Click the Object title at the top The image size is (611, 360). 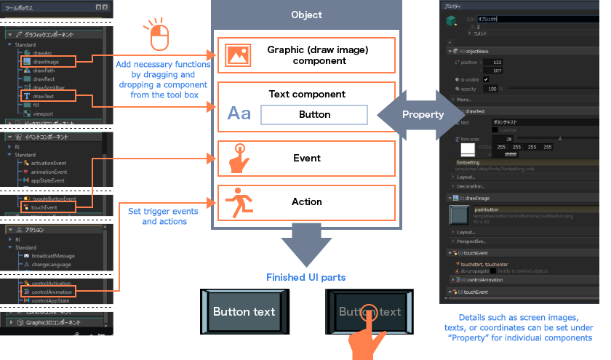tap(306, 15)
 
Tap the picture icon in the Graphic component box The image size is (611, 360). tap(238, 55)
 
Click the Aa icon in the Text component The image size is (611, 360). tap(239, 113)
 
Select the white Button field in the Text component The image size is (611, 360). tap(314, 114)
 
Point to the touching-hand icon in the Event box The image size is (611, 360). tap(238, 158)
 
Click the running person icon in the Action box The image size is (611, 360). tap(238, 201)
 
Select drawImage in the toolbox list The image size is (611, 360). tap(45, 62)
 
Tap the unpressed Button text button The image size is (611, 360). tap(244, 312)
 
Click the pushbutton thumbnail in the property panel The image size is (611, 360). tap(462, 215)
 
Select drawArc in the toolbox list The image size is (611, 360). tap(43, 53)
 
